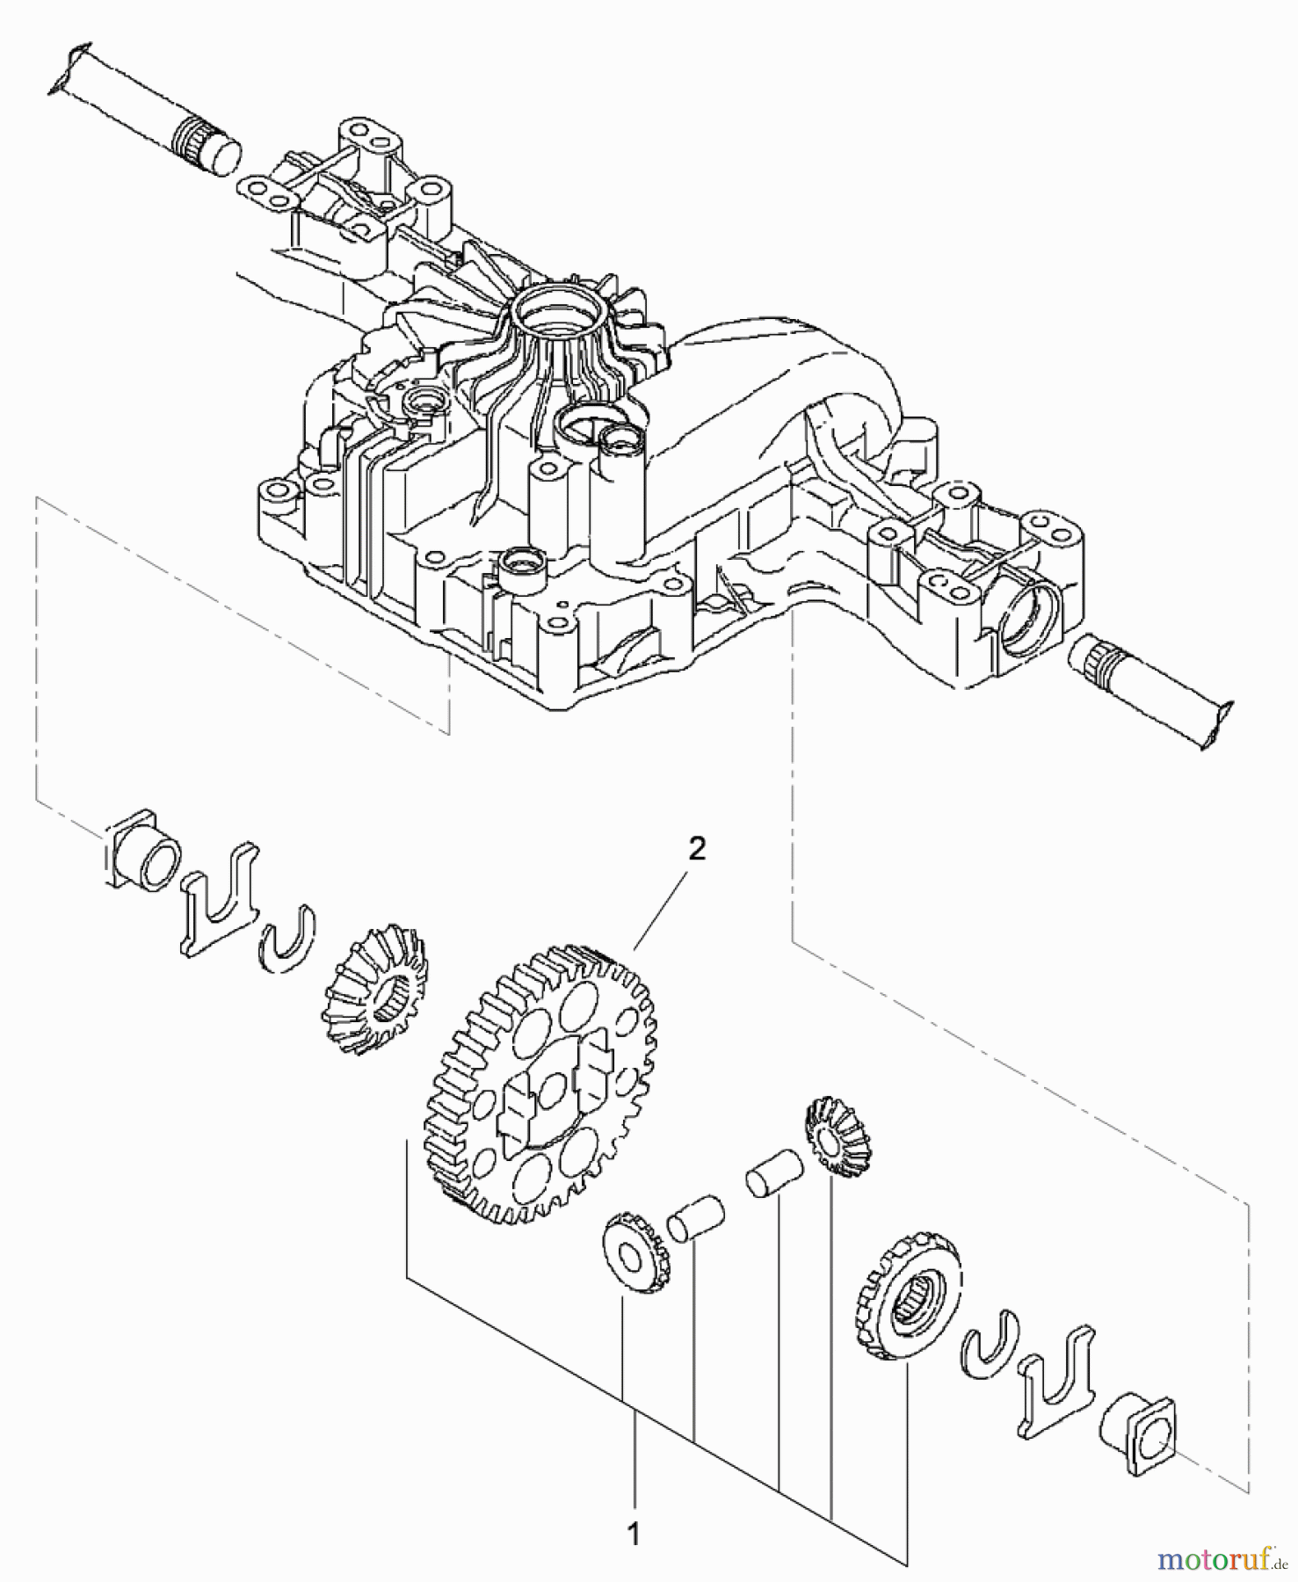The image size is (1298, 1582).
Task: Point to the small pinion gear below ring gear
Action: click(x=635, y=1251)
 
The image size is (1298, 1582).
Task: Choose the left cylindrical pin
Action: click(x=695, y=1218)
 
